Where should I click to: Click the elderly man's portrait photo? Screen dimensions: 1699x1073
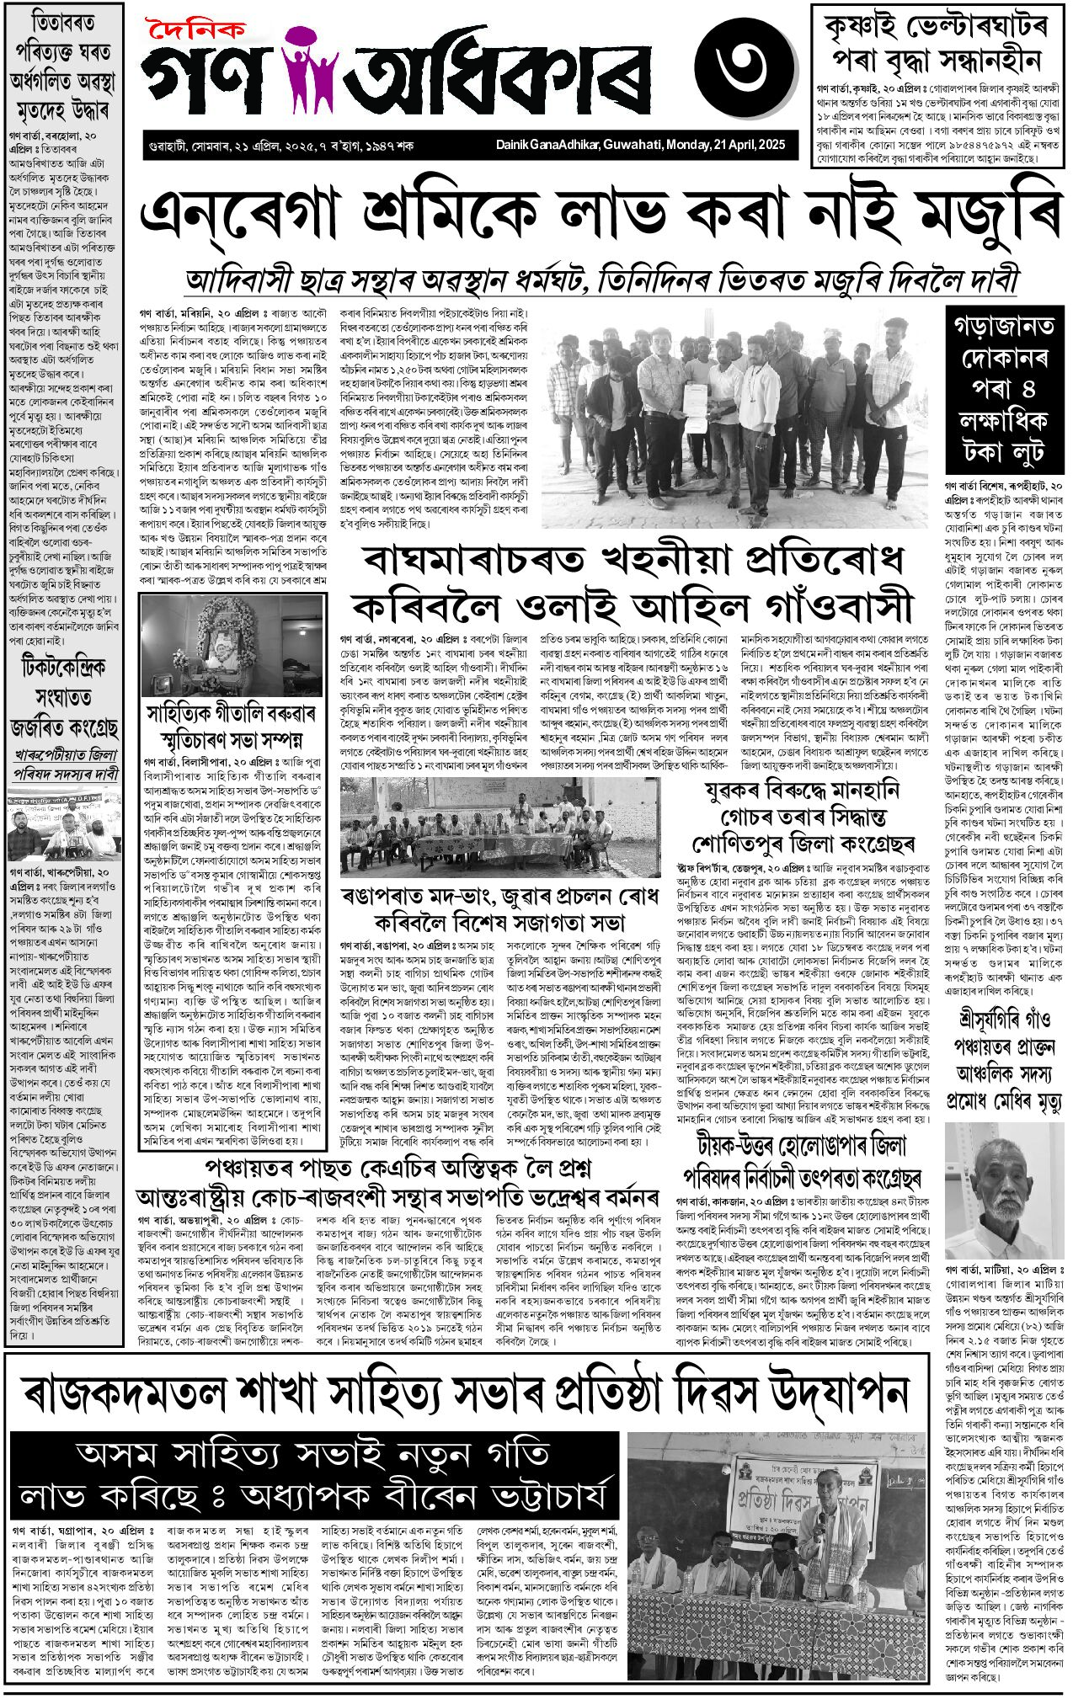click(1003, 1190)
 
